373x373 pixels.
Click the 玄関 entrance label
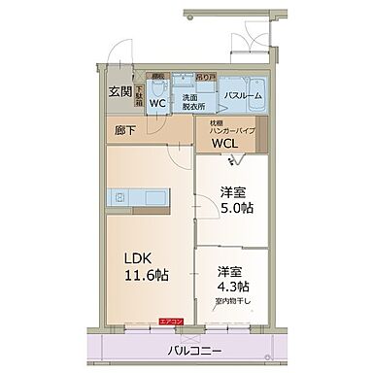pyautogui.click(x=119, y=93)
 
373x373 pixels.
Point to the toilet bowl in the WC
pyautogui.click(x=160, y=85)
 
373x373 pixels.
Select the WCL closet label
pyautogui.click(x=225, y=144)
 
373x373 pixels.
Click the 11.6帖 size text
pyautogui.click(x=144, y=275)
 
